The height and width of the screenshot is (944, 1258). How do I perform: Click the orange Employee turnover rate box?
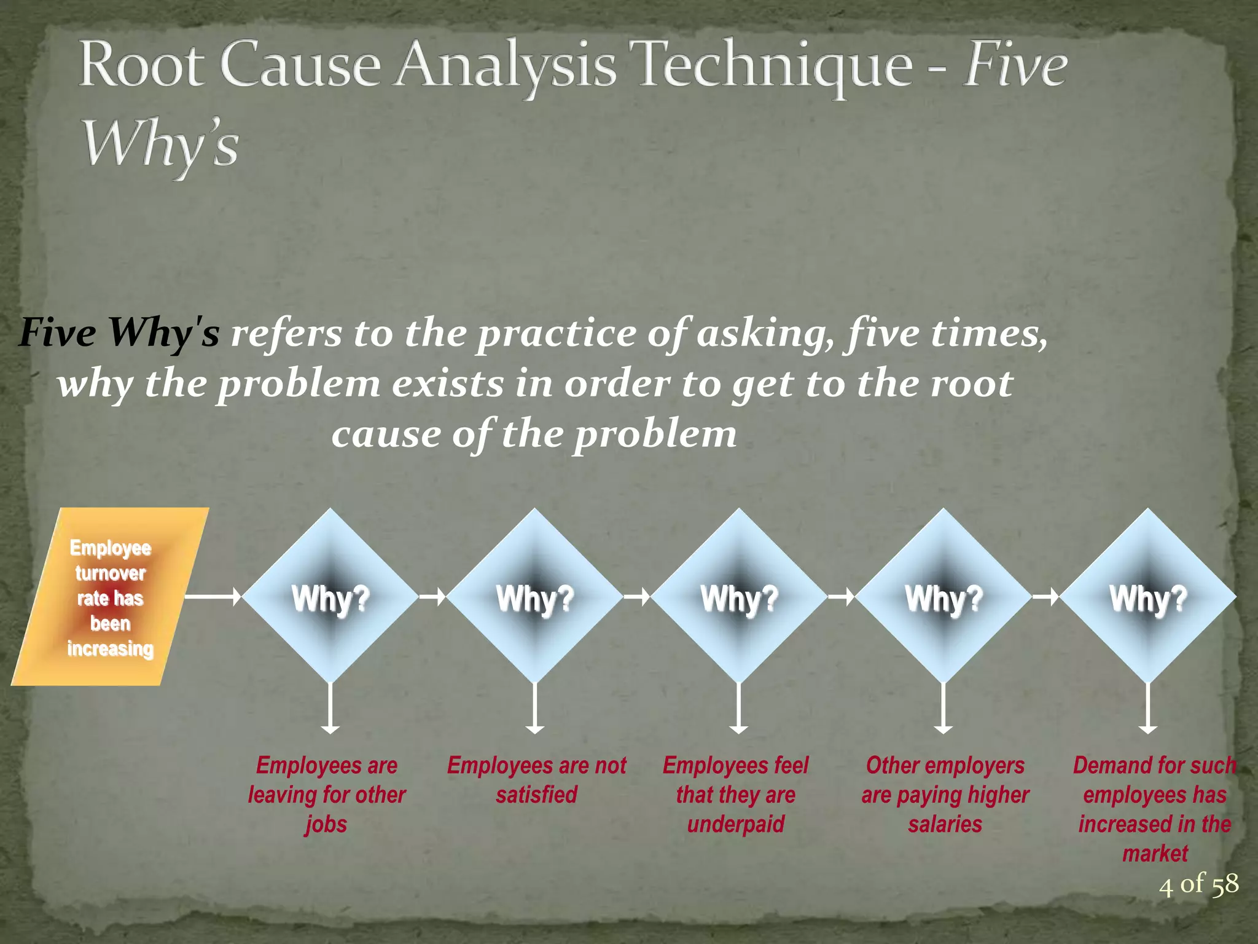click(x=111, y=597)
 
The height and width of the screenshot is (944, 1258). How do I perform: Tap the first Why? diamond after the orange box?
click(x=330, y=596)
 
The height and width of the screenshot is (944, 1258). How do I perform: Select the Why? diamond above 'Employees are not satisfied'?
click(x=535, y=596)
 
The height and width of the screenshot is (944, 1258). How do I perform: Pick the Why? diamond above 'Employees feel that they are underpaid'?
click(x=739, y=596)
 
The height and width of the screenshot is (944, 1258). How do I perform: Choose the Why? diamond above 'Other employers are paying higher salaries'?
click(x=943, y=596)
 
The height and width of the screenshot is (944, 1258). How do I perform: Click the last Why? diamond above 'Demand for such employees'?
click(x=1147, y=596)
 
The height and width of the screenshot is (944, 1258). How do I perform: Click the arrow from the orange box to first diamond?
click(x=213, y=596)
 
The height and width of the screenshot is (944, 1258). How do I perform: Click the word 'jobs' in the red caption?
click(x=326, y=824)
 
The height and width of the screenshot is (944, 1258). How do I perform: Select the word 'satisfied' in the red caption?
click(x=536, y=795)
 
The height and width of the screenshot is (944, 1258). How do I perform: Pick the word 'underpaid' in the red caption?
click(x=736, y=824)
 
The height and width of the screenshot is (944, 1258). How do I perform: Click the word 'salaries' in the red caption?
click(x=945, y=824)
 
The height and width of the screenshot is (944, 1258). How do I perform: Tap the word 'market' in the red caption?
click(x=1155, y=854)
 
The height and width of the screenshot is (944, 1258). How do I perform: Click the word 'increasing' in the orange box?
click(x=111, y=648)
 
